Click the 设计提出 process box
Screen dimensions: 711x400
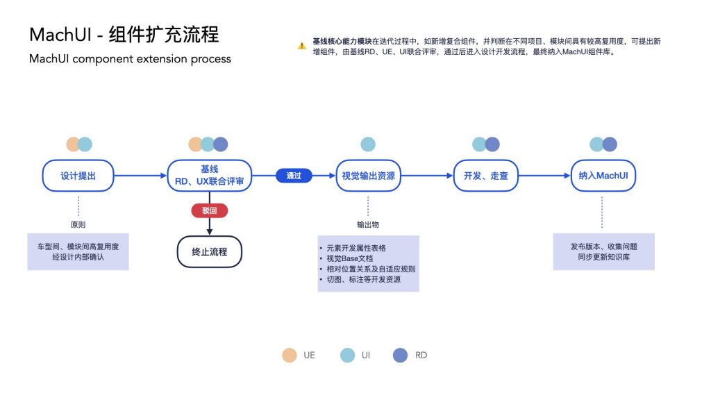[x=78, y=176]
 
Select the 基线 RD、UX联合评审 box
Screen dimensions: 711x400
[x=210, y=176]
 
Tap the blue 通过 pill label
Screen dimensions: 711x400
[x=294, y=176]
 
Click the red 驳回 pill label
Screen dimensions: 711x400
[x=210, y=210]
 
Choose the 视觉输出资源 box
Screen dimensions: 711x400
[x=368, y=176]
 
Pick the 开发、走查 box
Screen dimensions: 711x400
[x=485, y=176]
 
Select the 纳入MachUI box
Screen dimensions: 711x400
[x=603, y=176]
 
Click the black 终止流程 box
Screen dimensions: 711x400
[x=210, y=251]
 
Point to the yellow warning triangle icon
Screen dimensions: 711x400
[x=301, y=46]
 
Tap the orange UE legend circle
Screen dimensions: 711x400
[x=290, y=355]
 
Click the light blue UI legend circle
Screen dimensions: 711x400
[x=347, y=355]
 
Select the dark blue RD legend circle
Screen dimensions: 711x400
[x=400, y=355]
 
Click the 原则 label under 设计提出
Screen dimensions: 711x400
[x=78, y=224]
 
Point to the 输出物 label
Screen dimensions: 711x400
[x=368, y=224]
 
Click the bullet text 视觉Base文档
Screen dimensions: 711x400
[x=350, y=258]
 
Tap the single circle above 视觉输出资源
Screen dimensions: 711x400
[x=368, y=144]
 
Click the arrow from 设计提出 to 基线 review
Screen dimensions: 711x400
[x=140, y=176]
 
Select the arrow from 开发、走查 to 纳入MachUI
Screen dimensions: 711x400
[x=544, y=176]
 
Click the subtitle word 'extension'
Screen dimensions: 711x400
[x=167, y=59]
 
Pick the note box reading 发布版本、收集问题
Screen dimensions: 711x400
[x=604, y=251]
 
